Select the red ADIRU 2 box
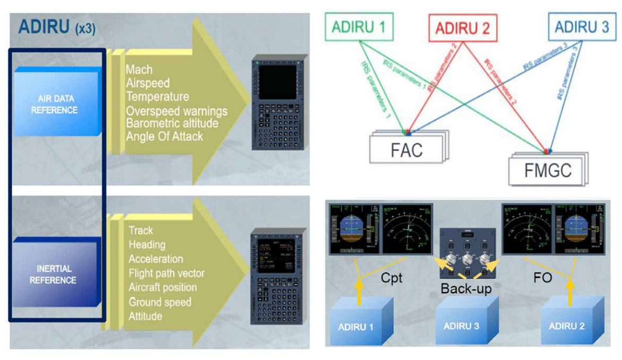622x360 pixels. [462, 28]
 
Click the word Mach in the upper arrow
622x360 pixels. [139, 70]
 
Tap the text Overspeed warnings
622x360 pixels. [176, 111]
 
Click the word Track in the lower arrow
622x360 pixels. [141, 230]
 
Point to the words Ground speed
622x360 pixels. [160, 302]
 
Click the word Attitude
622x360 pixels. [145, 316]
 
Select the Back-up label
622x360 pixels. [466, 289]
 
